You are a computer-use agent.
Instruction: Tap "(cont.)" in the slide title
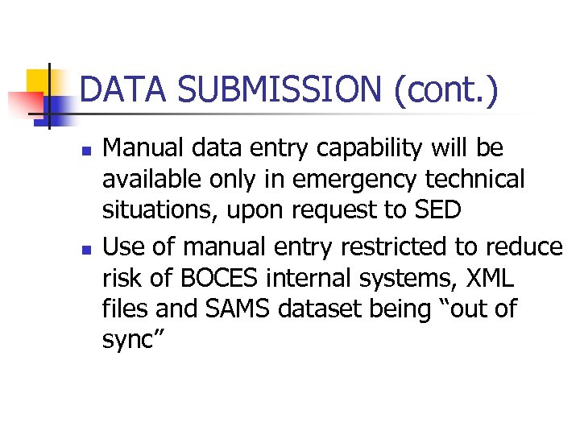pos(445,89)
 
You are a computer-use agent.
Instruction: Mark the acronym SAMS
pos(229,309)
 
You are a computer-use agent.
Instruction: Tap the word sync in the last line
pos(130,341)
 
